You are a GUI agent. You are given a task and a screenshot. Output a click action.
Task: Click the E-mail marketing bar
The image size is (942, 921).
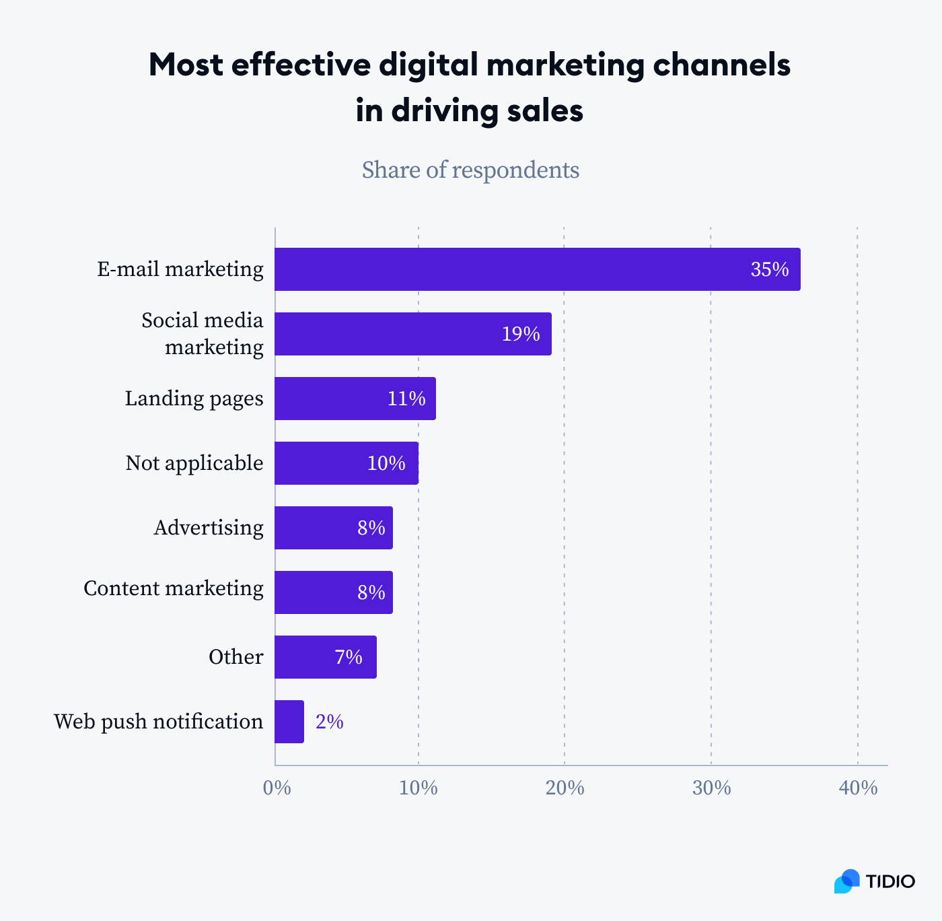tap(537, 269)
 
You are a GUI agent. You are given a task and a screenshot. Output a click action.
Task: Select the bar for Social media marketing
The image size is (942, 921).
tap(412, 334)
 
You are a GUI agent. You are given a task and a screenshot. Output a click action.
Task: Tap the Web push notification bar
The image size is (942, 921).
tap(289, 722)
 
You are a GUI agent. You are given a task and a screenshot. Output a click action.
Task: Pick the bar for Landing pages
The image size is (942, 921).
tap(355, 399)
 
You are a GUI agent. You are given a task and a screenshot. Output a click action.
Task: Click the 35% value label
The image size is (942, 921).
tap(769, 270)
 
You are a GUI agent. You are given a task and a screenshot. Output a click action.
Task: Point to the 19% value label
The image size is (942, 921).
tap(521, 334)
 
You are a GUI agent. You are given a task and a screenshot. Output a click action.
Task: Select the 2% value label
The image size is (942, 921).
tap(330, 722)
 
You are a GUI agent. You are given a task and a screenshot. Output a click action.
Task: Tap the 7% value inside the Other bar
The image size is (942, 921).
tap(349, 657)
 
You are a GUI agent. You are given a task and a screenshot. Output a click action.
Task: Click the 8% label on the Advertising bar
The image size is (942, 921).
tap(371, 528)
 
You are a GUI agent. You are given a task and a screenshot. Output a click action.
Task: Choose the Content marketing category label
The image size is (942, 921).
tap(174, 588)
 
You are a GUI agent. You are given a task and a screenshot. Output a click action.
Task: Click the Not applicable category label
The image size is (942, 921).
tap(194, 463)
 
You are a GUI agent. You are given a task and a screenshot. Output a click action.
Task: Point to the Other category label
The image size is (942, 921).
tap(235, 657)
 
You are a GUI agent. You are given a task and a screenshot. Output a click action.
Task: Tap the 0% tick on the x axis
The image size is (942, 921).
tap(277, 788)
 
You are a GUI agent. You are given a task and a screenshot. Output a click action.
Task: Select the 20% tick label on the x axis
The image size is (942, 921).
tap(565, 788)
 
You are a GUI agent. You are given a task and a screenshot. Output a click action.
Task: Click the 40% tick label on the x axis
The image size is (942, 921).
tap(858, 788)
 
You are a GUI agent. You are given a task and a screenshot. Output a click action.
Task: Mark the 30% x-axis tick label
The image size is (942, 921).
tap(711, 788)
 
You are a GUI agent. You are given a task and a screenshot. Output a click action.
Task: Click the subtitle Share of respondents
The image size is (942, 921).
tap(470, 170)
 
